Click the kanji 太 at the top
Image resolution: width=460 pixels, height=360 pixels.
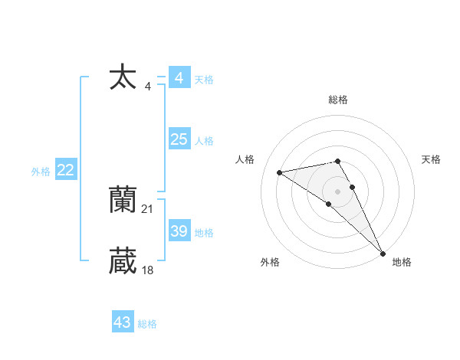(123, 77)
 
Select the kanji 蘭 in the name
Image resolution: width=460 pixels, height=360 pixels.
(123, 200)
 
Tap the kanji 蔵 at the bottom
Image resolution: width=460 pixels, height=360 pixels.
(123, 260)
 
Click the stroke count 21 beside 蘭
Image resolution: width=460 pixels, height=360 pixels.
(148, 208)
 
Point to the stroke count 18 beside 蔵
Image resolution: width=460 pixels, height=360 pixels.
(148, 270)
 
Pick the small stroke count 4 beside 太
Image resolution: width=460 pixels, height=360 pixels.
(148, 87)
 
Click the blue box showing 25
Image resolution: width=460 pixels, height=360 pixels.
(179, 139)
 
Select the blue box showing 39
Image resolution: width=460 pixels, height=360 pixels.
(179, 231)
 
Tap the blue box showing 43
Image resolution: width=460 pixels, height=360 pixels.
(123, 322)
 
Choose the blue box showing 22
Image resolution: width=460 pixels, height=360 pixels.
(65, 170)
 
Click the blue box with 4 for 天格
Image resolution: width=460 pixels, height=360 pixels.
(179, 78)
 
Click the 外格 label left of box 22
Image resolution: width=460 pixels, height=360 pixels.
(41, 172)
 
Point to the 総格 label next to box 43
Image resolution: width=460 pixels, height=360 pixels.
(147, 324)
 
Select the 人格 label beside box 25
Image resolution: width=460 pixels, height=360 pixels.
(204, 141)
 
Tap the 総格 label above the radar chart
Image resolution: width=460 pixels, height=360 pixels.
(338, 100)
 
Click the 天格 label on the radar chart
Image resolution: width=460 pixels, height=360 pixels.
(431, 159)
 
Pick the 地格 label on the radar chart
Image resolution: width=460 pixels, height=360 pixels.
(402, 263)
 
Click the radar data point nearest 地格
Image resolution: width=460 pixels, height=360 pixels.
(383, 253)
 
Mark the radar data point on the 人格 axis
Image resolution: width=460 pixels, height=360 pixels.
(280, 172)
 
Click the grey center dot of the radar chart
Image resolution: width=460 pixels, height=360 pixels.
(338, 191)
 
